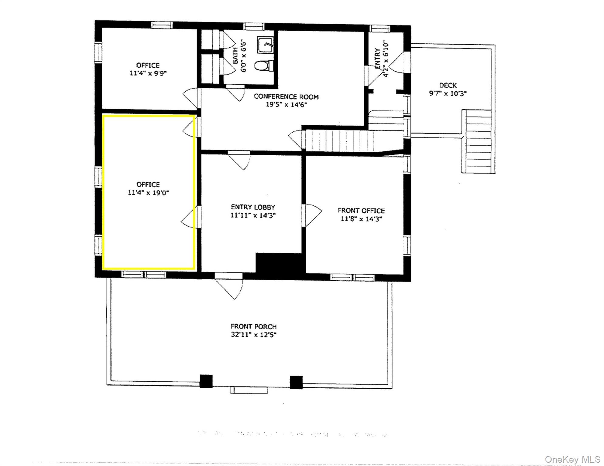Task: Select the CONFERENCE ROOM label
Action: pos(286,97)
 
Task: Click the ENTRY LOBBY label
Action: pos(253,207)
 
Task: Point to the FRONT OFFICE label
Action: pos(361,211)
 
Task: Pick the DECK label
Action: pos(448,86)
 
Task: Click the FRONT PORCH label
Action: pos(253,326)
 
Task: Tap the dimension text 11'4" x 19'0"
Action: pos(148,193)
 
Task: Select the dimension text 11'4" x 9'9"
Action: pos(148,73)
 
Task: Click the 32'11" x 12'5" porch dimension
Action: pos(253,335)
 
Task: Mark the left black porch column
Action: pos(206,381)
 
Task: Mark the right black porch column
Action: pos(296,382)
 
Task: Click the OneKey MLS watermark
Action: pos(572,460)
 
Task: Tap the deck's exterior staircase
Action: pos(478,141)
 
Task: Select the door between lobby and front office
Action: pos(311,215)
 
